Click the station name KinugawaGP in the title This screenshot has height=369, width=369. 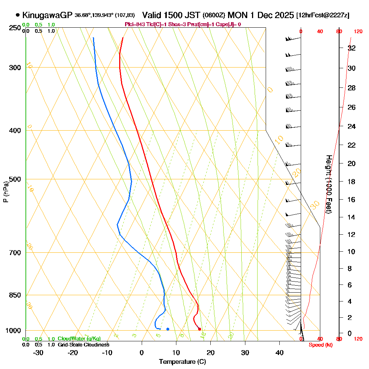pos(47,15)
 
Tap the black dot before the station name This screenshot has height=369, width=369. pos(18,15)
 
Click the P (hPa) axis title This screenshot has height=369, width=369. pos(6,192)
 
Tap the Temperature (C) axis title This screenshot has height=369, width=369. pos(182,362)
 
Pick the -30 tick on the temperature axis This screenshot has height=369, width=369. pos(38,353)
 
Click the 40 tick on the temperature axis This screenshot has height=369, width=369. pos(280,353)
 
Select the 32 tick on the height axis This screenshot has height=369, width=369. pos(352,48)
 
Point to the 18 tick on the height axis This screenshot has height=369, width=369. pos(352,182)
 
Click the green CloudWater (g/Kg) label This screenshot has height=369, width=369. pos(79,339)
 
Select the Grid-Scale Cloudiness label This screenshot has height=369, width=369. pos(83,345)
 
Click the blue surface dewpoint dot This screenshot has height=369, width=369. pos(168,329)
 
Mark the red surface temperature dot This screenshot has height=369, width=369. pos(200,329)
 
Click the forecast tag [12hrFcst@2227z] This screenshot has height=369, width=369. pos(323,15)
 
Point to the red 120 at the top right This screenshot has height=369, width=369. pos(358,32)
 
